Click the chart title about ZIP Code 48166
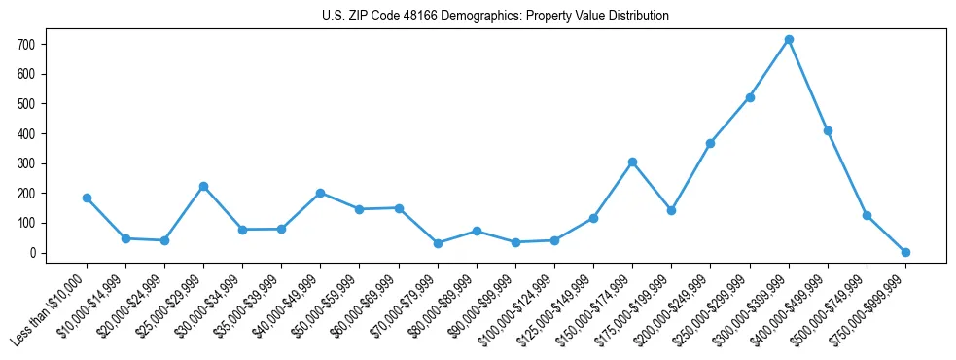[495, 17]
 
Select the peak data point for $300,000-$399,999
[789, 40]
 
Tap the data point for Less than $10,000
[87, 198]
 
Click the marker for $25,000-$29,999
[203, 186]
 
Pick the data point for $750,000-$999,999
[905, 252]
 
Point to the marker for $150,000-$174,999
[632, 162]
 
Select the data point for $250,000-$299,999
[750, 97]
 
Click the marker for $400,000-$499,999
[828, 130]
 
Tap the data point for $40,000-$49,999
[320, 193]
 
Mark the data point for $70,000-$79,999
[438, 243]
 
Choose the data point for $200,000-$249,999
[710, 143]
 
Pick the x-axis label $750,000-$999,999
[869, 307]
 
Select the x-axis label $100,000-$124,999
[518, 307]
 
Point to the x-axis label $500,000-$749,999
[831, 307]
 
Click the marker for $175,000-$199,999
[671, 210]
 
